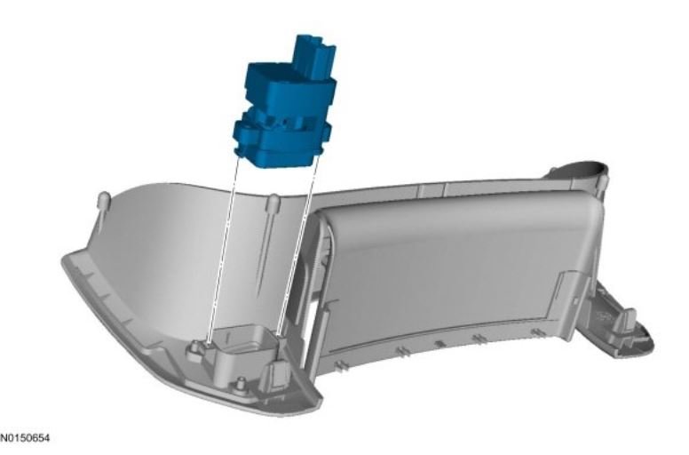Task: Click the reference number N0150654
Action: (25, 438)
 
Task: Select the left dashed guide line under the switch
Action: (224, 250)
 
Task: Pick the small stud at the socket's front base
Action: (240, 383)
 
